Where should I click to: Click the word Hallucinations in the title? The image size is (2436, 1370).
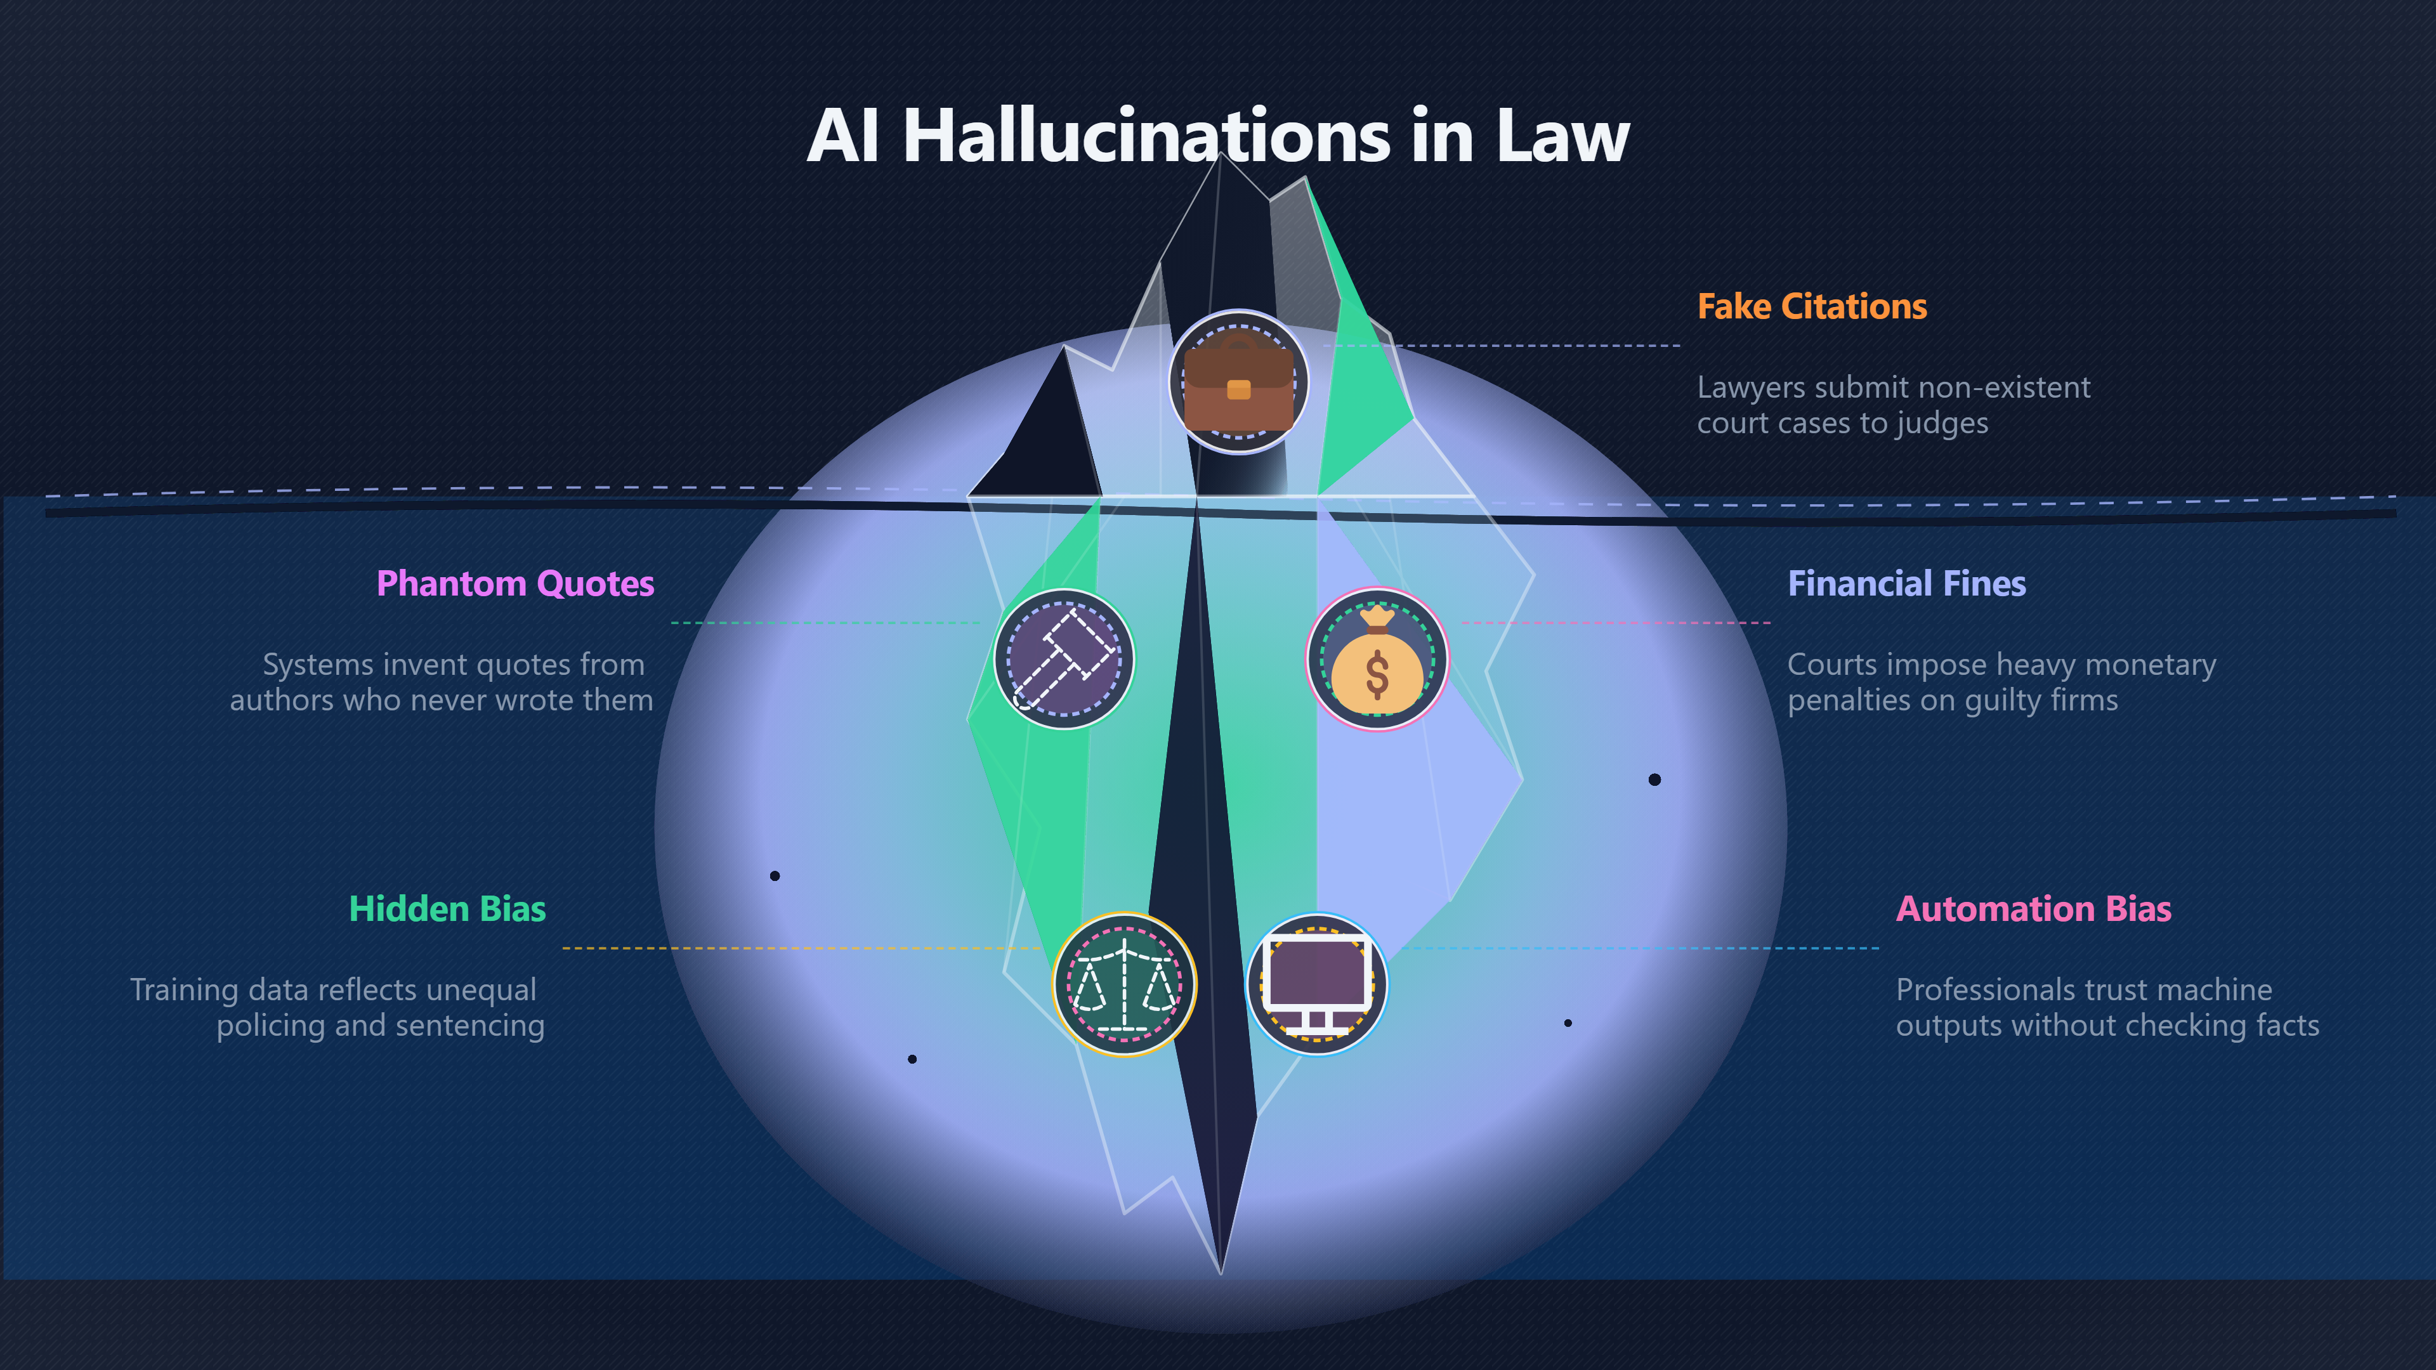tap(1146, 135)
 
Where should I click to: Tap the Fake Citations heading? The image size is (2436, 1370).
tap(1812, 306)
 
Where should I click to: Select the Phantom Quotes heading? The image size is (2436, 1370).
tap(515, 584)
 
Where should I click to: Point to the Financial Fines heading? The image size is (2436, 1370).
tap(1906, 584)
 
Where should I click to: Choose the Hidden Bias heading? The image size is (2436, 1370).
tap(447, 909)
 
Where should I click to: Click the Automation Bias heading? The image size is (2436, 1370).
tap(2033, 909)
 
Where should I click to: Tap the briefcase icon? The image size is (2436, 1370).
tap(1239, 382)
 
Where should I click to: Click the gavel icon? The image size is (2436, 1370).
tap(1064, 659)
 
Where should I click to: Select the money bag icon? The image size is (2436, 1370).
tap(1377, 659)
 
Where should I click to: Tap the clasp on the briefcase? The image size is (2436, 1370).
tap(1239, 389)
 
